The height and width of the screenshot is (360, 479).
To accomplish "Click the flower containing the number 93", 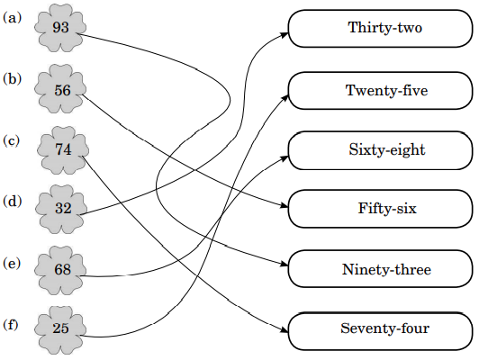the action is coord(60,28).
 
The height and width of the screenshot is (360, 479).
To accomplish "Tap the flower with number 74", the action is coord(63,150).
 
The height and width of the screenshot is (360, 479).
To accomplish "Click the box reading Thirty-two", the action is coord(381,29).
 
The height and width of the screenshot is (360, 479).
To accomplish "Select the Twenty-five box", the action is coord(381,91).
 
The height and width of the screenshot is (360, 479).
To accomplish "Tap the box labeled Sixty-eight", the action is coord(381,150).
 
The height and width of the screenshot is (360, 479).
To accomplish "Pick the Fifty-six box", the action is coord(381,209).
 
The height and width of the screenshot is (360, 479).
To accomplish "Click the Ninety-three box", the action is coord(381,269).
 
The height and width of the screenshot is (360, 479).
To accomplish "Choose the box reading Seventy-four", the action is coord(381,331).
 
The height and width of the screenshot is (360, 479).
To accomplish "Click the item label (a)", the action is coord(13,18).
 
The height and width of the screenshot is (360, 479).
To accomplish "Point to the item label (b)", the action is coord(13,79).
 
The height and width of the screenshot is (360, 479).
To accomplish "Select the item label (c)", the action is coord(12,141).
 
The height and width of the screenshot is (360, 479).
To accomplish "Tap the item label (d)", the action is coord(13,202).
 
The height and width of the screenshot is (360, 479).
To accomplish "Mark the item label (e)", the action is coord(12,264).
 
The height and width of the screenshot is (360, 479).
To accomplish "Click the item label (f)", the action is coord(11,325).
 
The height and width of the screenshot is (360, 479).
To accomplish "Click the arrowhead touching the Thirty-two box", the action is coord(285,34).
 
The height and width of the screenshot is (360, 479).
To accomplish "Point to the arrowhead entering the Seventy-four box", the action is coord(285,330).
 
